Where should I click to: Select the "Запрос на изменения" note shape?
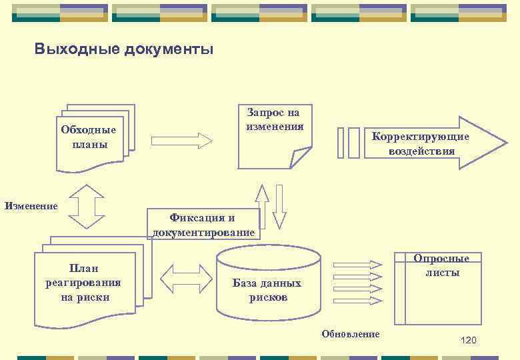[x=273, y=133]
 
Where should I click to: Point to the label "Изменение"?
[x=31, y=206]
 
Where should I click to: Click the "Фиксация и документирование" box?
[x=203, y=225]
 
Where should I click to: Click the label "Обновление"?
[x=351, y=334]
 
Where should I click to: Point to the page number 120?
[x=469, y=341]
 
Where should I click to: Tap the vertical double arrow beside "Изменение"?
[x=87, y=207]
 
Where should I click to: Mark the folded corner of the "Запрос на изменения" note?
[x=299, y=158]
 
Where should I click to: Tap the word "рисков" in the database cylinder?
[x=268, y=297]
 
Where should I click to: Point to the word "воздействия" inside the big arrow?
[x=421, y=151]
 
